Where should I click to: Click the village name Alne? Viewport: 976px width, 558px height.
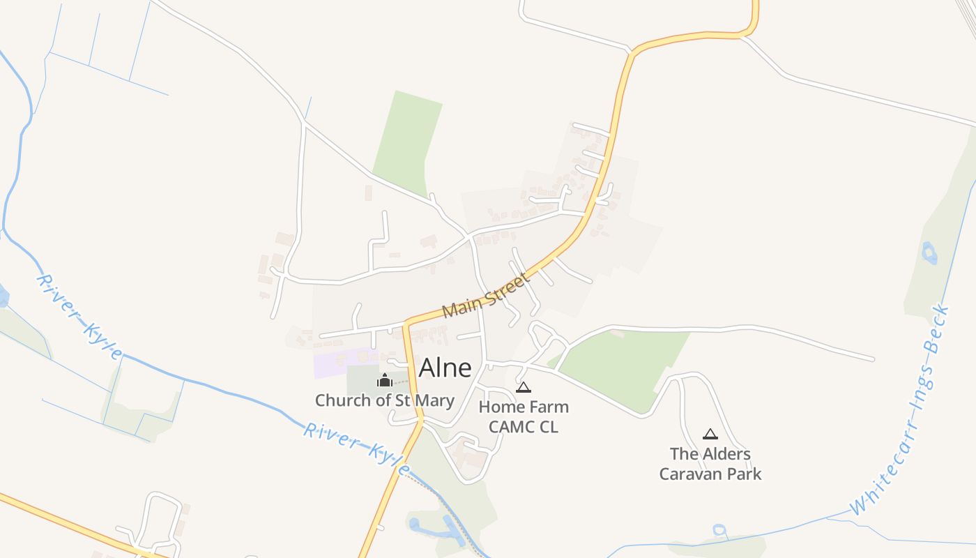[445, 368]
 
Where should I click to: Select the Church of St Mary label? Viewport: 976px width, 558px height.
[384, 400]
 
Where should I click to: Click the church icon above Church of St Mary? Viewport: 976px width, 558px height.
[384, 380]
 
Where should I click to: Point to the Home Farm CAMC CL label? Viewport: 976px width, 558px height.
[524, 416]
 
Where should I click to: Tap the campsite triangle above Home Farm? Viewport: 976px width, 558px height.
[524, 387]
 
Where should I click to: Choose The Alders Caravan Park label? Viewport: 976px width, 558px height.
[710, 464]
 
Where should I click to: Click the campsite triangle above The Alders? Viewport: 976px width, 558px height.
[710, 434]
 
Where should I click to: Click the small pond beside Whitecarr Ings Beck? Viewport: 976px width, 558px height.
[929, 252]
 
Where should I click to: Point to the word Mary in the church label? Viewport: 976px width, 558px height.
[436, 400]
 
